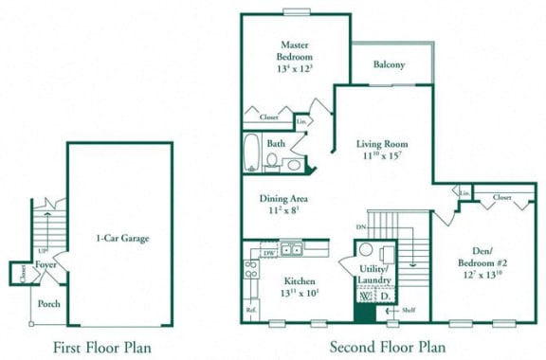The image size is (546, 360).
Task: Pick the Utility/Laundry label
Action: pos(377,275)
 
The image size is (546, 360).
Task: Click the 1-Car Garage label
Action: pos(122,239)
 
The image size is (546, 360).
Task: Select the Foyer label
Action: pos(45,264)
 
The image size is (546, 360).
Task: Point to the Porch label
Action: pos(48,304)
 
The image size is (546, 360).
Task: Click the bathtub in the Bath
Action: pos(252,152)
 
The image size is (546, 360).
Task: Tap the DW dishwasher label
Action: pos(269,253)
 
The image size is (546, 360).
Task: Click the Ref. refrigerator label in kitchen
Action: pos(251,309)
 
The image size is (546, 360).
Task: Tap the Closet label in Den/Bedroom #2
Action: pos(501,198)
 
